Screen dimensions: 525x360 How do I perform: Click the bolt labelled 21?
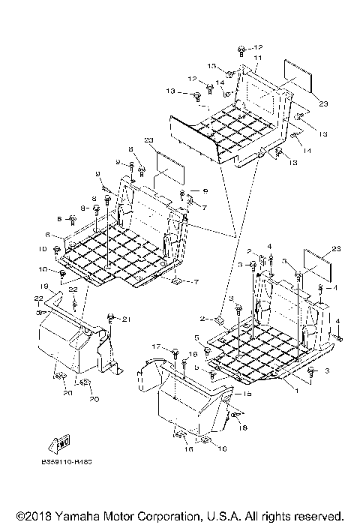click(x=111, y=318)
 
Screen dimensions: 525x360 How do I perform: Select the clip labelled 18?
click(x=235, y=414)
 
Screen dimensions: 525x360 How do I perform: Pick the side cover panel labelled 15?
click(x=187, y=405)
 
